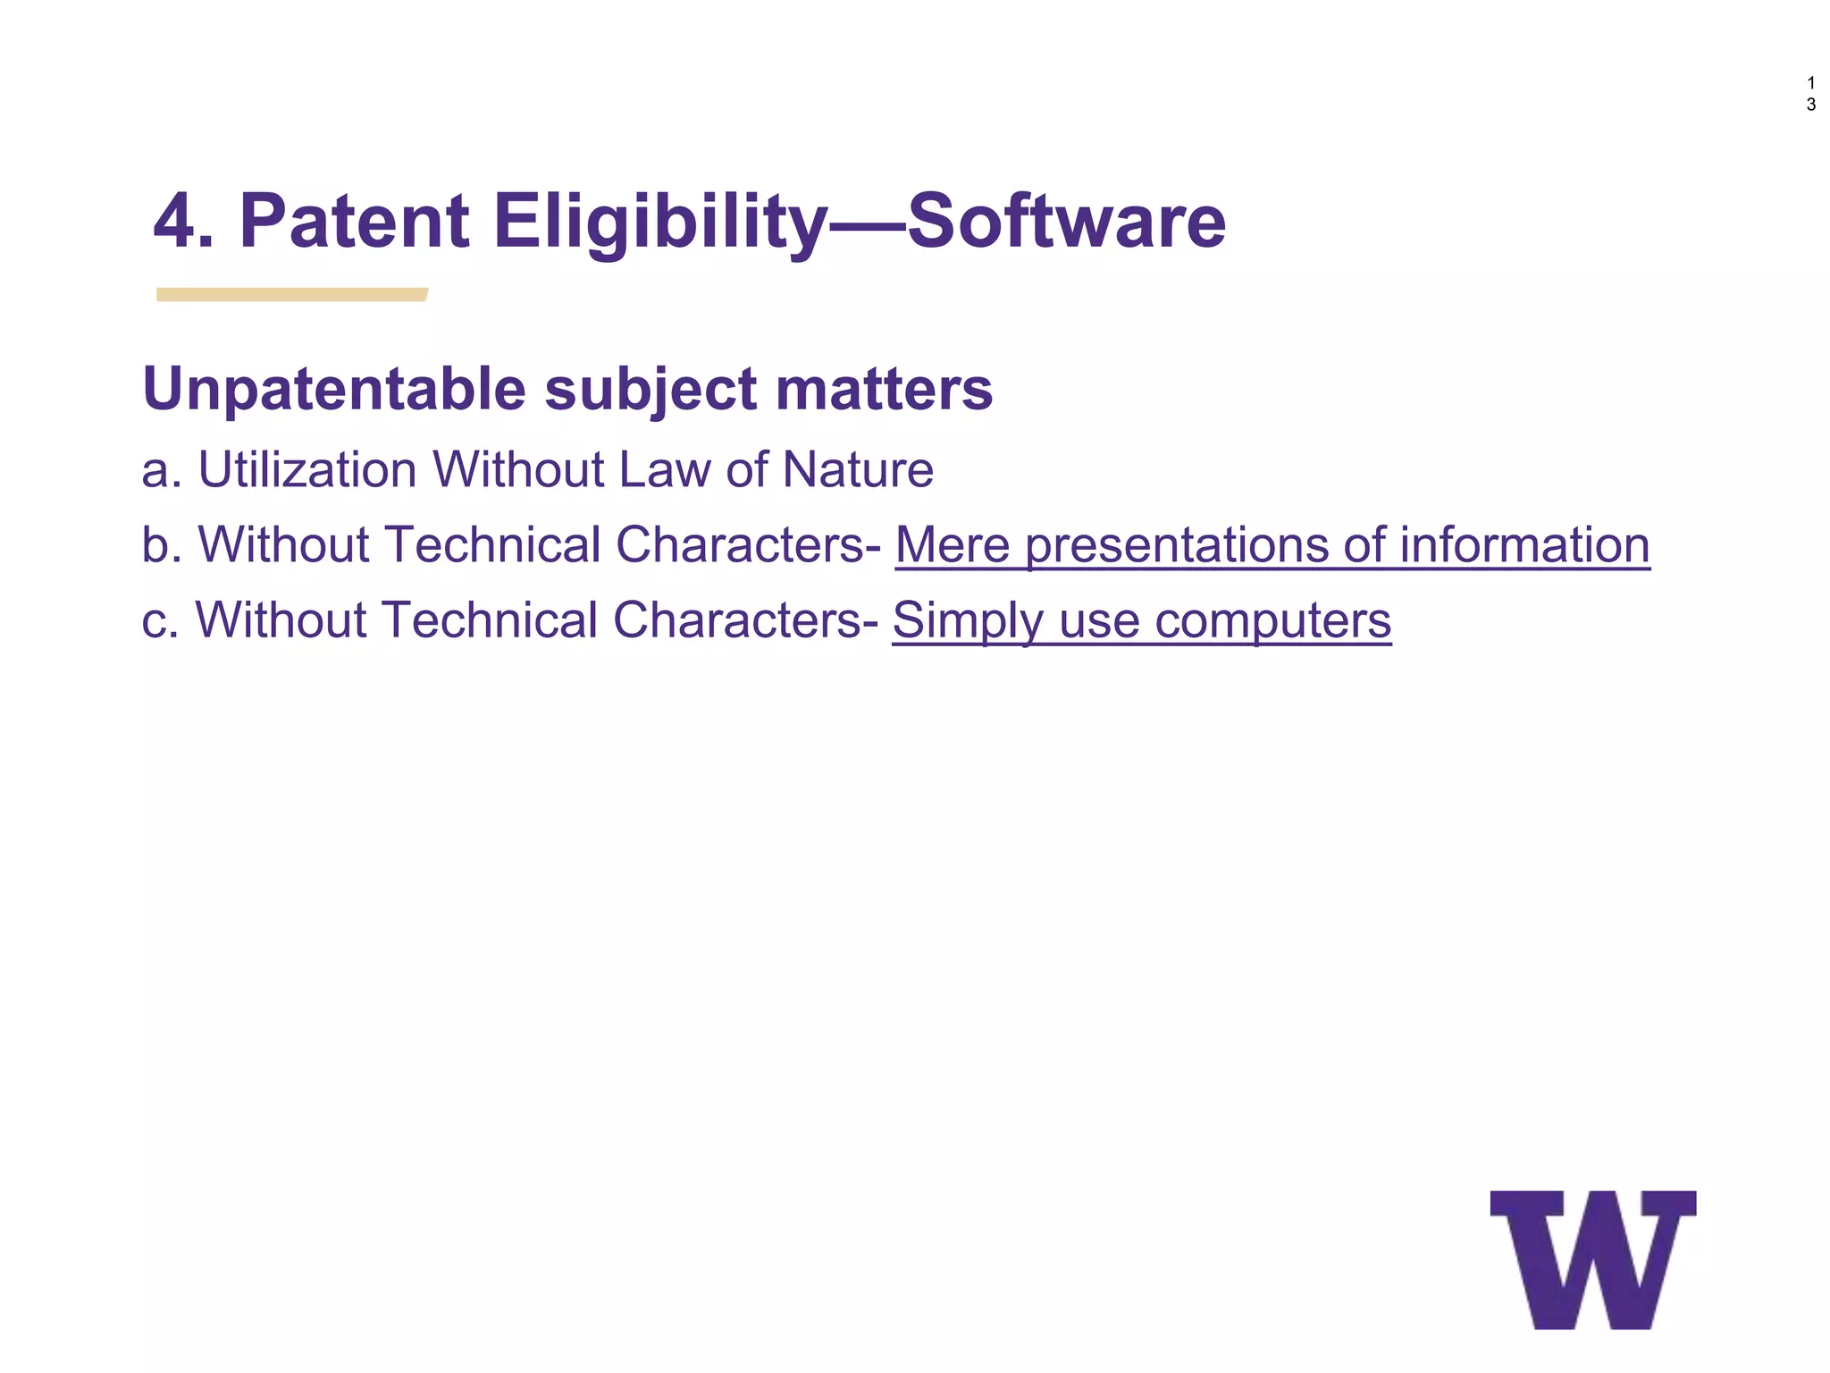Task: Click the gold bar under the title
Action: [291, 295]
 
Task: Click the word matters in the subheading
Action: [884, 390]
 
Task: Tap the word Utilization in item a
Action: [306, 469]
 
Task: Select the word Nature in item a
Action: [858, 469]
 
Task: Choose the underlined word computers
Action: [1272, 621]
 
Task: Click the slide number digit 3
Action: [1811, 105]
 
